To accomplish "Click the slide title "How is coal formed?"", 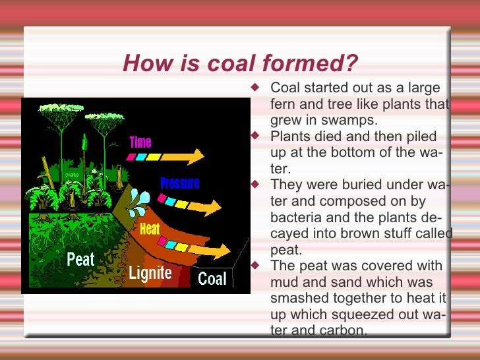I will tap(240, 64).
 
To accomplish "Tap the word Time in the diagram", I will tap(140, 142).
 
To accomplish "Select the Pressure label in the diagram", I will tap(179, 183).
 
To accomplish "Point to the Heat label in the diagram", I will tap(150, 229).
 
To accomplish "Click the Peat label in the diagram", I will tap(80, 260).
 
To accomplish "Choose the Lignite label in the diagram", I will tap(150, 273).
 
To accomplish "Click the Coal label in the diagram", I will tap(212, 278).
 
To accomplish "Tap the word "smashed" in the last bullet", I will tap(295, 297).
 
